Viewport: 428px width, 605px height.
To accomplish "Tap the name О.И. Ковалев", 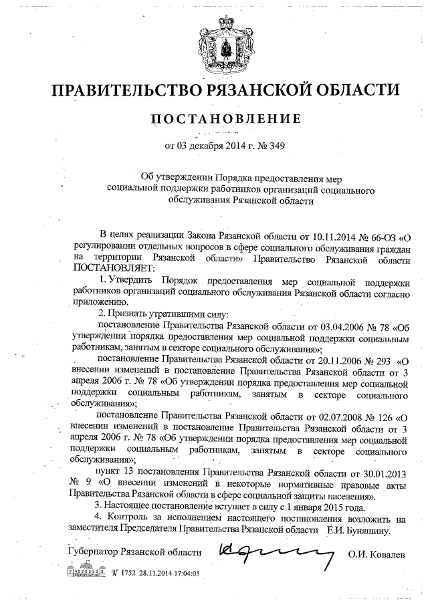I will [376, 554].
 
